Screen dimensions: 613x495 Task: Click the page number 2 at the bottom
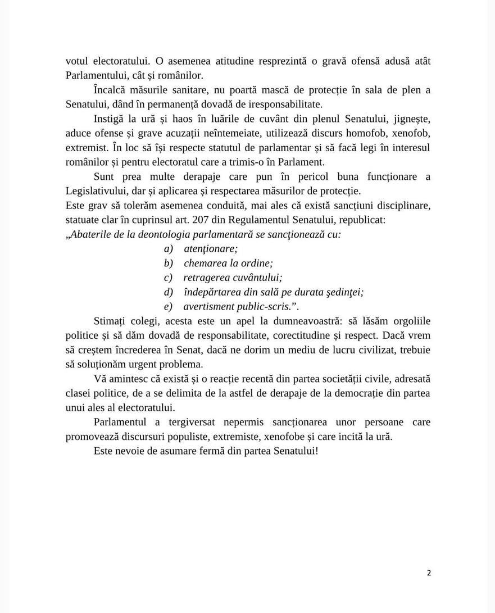pos(429,573)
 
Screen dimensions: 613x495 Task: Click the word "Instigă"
pos(110,119)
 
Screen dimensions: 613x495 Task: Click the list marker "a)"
pos(168,249)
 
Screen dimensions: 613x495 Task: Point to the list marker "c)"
pos(167,278)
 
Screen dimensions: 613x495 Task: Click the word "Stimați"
pos(110,321)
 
